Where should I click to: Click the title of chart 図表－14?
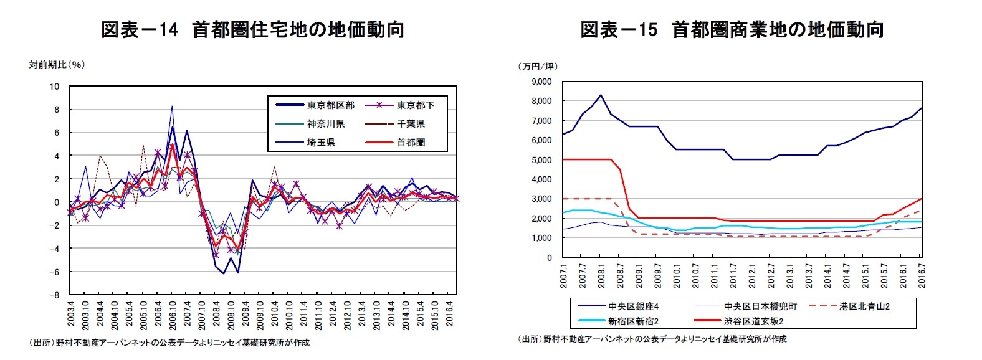coord(252,29)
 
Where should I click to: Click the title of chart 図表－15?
coord(732,29)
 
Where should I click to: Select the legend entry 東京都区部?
coord(331,105)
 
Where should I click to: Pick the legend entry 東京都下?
coord(416,105)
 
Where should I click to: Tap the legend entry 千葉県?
coord(411,124)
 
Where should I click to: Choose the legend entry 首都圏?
coord(411,143)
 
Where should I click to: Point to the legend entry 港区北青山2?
coord(864,306)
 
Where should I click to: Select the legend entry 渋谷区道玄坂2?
coord(753,321)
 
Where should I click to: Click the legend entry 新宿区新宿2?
coord(633,321)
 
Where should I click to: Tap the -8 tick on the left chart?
coord(55,295)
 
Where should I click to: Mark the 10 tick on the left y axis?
coord(55,87)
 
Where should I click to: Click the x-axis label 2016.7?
coord(922,275)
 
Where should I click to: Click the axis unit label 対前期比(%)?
coord(57,65)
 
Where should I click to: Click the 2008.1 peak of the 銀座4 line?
coord(601,95)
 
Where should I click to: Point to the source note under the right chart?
coord(652,339)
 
